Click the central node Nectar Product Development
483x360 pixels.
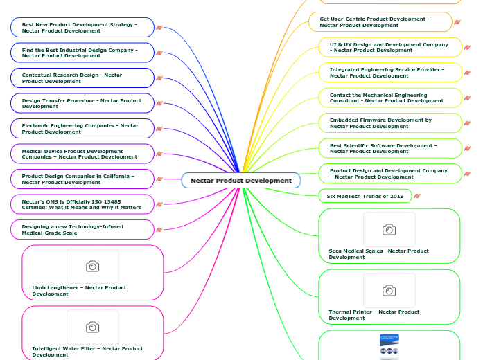241,181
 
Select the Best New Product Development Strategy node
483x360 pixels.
82,28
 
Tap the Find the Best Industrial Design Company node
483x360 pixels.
82,53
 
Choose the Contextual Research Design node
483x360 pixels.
82,78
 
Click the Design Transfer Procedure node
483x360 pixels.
82,103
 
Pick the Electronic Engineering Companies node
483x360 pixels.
82,128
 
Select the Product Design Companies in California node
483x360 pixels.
82,179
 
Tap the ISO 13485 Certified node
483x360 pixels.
82,204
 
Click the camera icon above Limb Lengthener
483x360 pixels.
92,267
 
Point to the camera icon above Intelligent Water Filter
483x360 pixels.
92,327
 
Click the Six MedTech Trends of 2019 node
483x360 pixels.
365,196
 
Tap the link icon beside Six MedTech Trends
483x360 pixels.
416,196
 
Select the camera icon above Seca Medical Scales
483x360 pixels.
389,230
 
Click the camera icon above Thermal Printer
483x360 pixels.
389,291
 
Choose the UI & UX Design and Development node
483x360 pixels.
389,47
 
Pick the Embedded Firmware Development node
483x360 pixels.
389,123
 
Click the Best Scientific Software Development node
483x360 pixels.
389,148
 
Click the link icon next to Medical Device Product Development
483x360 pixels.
159,154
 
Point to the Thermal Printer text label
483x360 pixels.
374,315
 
